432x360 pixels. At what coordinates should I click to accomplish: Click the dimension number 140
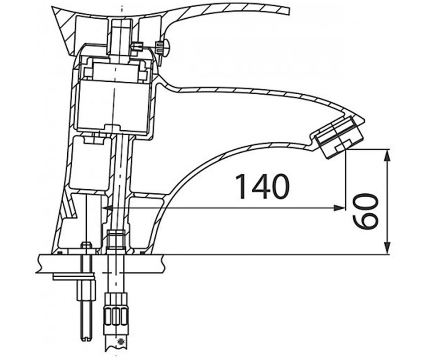click(x=262, y=187)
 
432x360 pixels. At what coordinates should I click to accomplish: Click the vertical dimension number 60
click(x=365, y=211)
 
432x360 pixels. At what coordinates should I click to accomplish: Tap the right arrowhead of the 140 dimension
click(x=339, y=208)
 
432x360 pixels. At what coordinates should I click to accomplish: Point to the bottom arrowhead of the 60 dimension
click(x=387, y=248)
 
